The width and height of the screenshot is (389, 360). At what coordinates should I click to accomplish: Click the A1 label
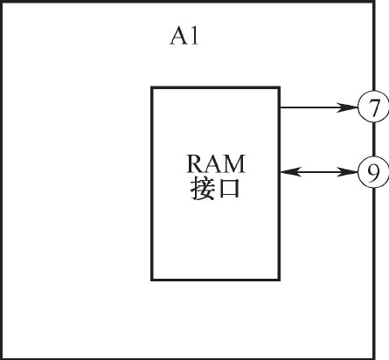click(184, 36)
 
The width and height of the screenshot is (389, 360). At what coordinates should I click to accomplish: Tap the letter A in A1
click(178, 36)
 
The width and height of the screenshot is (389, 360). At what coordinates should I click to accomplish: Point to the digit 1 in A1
click(194, 36)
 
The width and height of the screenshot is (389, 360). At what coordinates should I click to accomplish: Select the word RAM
click(216, 164)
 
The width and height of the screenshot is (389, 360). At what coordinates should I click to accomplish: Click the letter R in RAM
click(196, 164)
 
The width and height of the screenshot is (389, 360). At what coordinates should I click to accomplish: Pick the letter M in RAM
click(234, 164)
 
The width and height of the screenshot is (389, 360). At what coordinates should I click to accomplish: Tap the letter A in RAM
click(215, 164)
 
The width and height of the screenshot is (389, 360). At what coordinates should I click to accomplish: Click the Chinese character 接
click(202, 189)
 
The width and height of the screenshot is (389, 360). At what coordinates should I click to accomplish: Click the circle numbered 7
click(373, 107)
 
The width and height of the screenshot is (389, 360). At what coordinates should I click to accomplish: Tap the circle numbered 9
click(373, 172)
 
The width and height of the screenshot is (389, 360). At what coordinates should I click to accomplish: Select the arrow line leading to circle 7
click(319, 107)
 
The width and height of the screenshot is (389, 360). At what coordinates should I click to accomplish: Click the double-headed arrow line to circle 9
click(319, 172)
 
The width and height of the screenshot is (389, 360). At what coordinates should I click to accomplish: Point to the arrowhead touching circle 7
click(347, 107)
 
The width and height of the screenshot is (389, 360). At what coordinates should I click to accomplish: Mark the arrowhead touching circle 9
click(347, 172)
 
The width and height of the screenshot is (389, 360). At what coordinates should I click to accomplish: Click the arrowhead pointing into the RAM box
click(290, 172)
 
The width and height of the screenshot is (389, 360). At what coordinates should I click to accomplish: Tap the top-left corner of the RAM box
click(152, 87)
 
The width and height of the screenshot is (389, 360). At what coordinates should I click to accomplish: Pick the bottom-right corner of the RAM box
click(280, 280)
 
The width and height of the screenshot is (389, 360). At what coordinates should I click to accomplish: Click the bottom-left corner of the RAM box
click(152, 280)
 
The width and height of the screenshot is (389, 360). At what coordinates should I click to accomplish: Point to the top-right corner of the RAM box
click(280, 87)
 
